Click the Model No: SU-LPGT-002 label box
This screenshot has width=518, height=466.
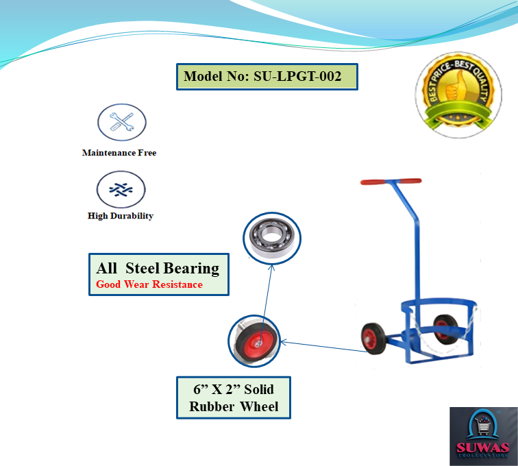267,76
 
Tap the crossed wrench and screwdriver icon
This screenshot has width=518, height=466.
121,123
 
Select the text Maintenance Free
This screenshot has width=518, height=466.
119,153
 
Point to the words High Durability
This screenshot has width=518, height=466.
121,216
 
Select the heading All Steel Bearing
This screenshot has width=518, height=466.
158,268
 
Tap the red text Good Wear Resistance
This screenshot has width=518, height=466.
149,284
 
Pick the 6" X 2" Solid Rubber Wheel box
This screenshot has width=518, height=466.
233,398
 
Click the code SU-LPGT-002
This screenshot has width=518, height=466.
297,76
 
